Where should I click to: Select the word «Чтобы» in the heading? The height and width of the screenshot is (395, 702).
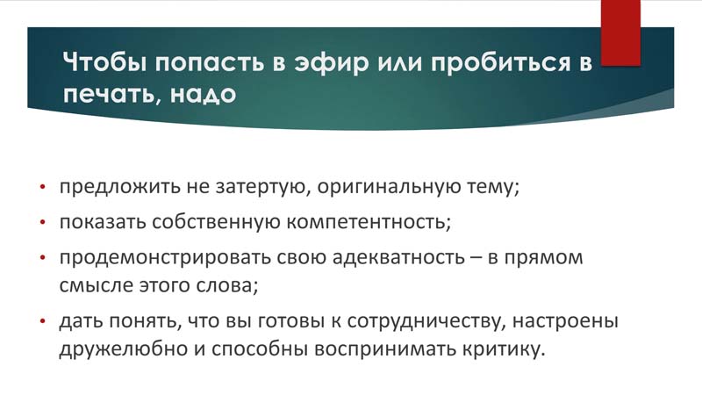[104, 61]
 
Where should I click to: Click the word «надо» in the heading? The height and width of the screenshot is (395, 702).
[203, 94]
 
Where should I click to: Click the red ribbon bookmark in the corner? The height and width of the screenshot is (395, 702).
[620, 33]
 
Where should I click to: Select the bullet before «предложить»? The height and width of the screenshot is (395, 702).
[42, 186]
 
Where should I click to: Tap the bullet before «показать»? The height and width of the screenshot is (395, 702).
[42, 222]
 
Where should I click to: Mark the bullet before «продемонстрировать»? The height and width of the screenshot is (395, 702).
[42, 257]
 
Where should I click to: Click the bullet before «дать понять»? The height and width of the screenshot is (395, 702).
[42, 321]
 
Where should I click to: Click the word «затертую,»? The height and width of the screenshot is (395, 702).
[263, 187]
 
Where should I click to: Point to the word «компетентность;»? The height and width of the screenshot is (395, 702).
[369, 223]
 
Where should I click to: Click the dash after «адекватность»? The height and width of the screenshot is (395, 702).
[476, 258]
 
